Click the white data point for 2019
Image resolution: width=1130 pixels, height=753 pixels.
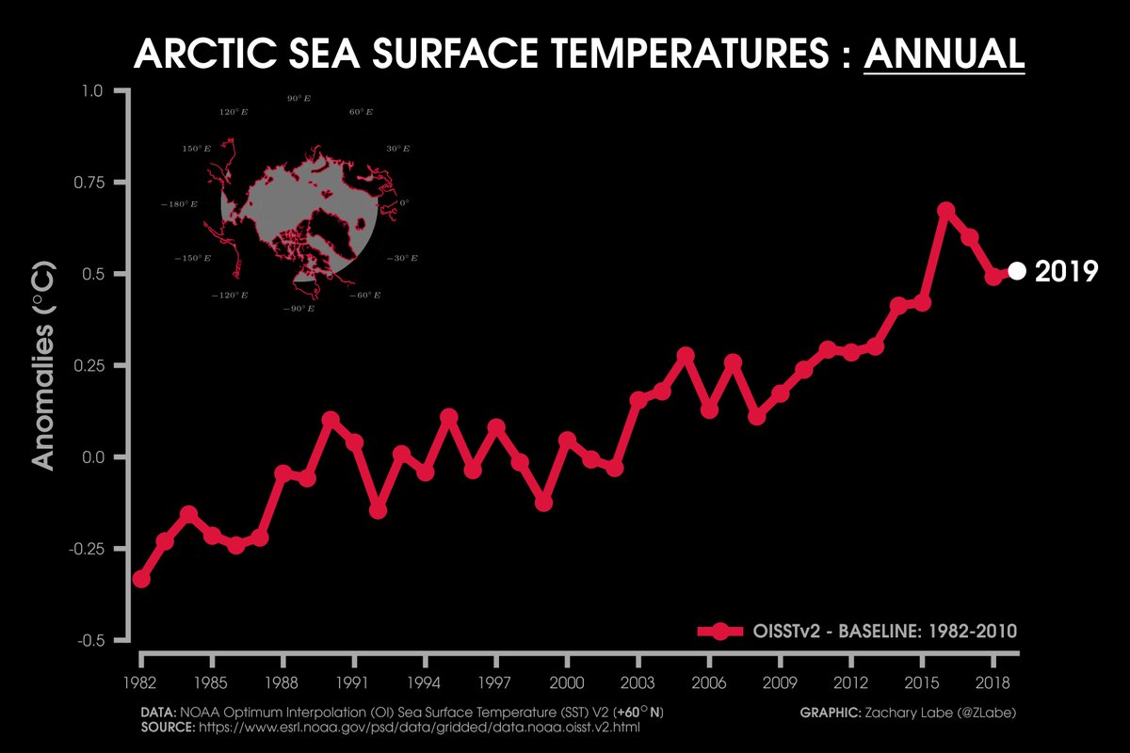point(1017,271)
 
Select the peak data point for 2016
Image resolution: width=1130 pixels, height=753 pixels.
point(946,210)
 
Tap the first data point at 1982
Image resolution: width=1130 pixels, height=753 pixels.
point(141,579)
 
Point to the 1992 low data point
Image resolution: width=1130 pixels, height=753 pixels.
point(378,509)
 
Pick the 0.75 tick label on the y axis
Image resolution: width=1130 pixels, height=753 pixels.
point(91,183)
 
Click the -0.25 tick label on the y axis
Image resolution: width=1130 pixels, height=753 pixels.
point(89,549)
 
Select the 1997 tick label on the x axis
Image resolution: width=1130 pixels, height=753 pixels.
point(495,682)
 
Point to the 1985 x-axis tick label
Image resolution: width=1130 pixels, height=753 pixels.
point(212,682)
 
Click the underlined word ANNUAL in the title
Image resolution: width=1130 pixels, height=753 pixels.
point(944,54)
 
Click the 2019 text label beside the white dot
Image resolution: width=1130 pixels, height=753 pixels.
point(1066,272)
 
